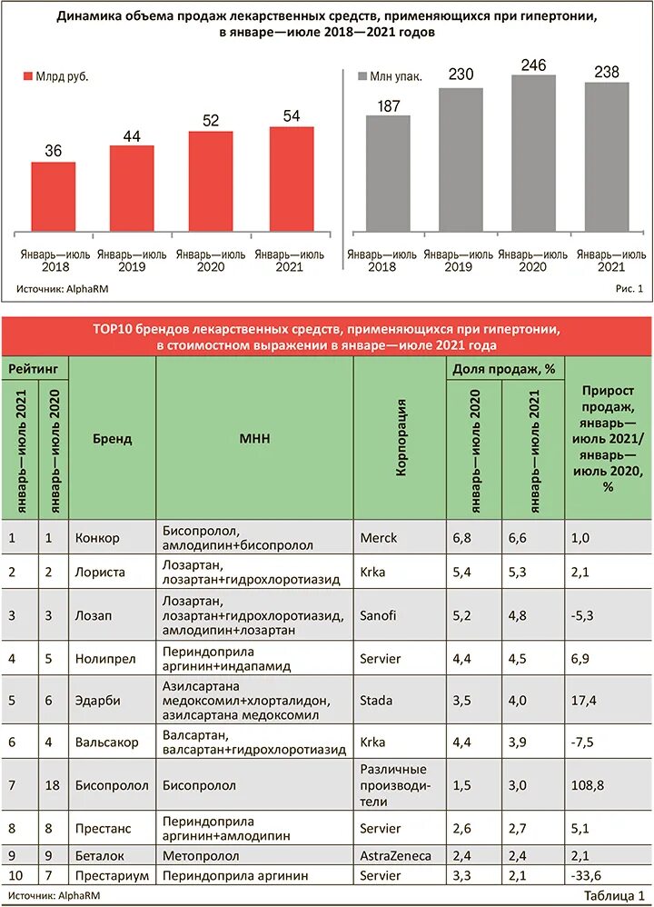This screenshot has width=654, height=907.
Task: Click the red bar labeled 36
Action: pyautogui.click(x=54, y=196)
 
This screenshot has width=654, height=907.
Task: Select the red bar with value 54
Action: pyautogui.click(x=291, y=178)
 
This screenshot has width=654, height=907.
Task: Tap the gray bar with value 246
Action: pyautogui.click(x=533, y=153)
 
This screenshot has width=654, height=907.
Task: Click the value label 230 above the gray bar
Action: pyautogui.click(x=461, y=75)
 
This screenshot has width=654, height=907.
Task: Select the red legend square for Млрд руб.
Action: pyautogui.click(x=27, y=76)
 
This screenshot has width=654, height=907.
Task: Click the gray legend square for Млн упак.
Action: pyautogui.click(x=362, y=76)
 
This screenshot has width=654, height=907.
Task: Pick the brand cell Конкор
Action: pyautogui.click(x=97, y=538)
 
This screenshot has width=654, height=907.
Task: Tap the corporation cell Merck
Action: pyautogui.click(x=379, y=538)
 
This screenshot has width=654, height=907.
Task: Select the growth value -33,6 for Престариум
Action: pyautogui.click(x=588, y=875)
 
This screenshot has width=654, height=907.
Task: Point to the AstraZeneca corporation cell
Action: pyautogui.click(x=395, y=854)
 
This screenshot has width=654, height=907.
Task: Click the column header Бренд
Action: pyautogui.click(x=112, y=439)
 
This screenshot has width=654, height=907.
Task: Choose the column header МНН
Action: pyautogui.click(x=255, y=439)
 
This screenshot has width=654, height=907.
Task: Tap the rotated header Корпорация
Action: pyautogui.click(x=401, y=437)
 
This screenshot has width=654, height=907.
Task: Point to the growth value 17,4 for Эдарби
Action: pyautogui.click(x=585, y=701)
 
